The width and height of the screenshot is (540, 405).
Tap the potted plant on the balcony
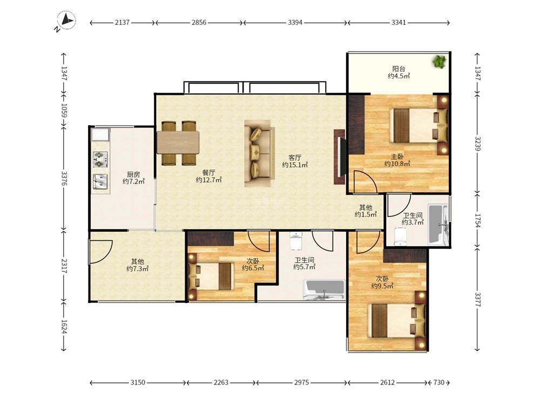(x=439, y=62)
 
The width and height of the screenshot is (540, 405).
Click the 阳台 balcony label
(x=399, y=69)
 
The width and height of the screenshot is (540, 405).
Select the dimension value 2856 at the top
(x=199, y=23)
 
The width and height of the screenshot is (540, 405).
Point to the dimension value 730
(x=438, y=382)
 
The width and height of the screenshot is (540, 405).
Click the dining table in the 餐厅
(x=178, y=143)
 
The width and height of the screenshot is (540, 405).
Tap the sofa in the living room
(x=260, y=153)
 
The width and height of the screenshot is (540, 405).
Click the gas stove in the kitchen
(x=100, y=159)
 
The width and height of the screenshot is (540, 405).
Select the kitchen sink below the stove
(x=100, y=181)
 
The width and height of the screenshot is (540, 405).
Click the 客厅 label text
(x=295, y=158)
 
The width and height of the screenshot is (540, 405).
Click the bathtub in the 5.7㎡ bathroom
(x=324, y=290)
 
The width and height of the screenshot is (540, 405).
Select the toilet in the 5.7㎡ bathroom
(x=296, y=240)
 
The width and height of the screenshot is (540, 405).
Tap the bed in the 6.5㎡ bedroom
(x=212, y=276)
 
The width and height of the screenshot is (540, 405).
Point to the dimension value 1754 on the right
(x=477, y=220)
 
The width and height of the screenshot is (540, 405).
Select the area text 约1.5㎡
(x=366, y=214)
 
